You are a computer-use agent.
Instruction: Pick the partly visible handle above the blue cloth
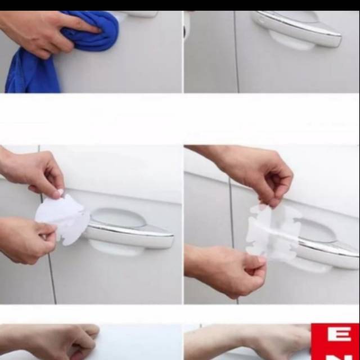coord(138,13)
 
